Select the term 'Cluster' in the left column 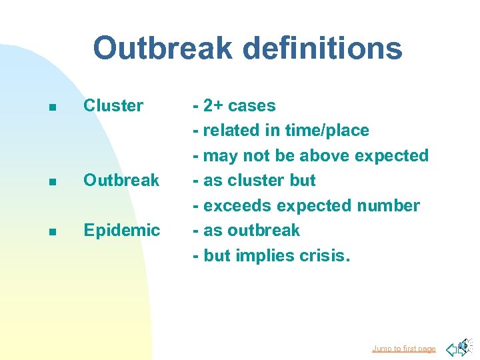[113, 105]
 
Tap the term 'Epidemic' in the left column [121, 231]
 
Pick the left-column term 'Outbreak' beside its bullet [121, 180]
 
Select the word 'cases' [251, 105]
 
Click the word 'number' [387, 205]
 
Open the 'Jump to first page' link [403, 349]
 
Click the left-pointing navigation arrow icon [452, 348]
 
